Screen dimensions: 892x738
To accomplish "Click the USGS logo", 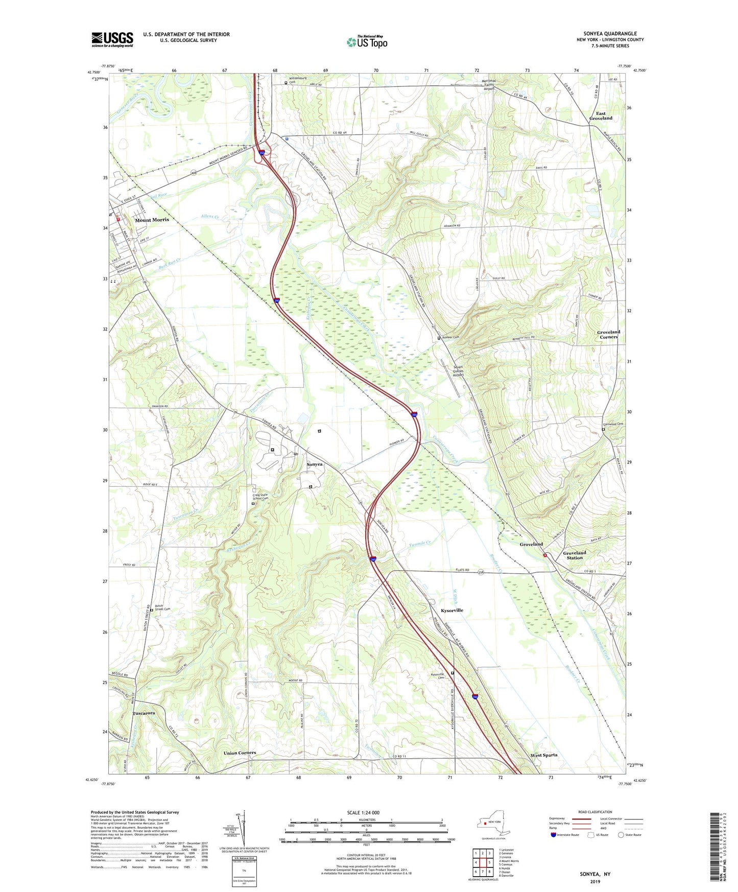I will click(112, 39).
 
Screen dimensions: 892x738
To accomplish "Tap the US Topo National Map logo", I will click(367, 41).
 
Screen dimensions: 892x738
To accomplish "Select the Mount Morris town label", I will click(152, 220).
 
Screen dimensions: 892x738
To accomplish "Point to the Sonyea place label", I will click(315, 464).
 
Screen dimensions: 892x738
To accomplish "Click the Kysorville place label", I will click(452, 611).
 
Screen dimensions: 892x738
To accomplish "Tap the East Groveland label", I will click(601, 116).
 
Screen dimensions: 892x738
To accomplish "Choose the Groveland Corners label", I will click(608, 334).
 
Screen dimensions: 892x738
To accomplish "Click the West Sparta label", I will click(543, 755).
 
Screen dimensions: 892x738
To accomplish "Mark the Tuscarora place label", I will click(144, 713).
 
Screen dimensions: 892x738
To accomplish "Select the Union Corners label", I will click(240, 753).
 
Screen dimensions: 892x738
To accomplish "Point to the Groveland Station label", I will click(575, 555).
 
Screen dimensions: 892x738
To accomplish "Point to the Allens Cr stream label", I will click(209, 217).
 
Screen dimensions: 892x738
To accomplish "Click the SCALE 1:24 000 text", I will click(363, 812).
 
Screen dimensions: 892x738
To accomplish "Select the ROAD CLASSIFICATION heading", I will click(595, 812).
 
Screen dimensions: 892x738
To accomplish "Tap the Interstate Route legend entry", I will click(567, 835).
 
